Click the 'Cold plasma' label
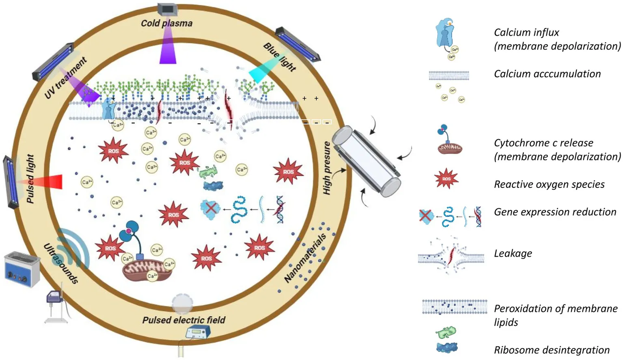tap(166, 23)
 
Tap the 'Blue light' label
tap(280, 57)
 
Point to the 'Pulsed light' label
tap(30, 178)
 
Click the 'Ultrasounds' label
tap(61, 263)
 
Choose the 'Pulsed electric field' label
tap(183, 320)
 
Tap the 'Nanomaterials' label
tap(305, 258)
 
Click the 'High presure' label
tap(327, 168)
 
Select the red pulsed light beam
tap(51, 181)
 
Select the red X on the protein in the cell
tap(210, 208)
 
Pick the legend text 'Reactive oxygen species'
tap(549, 184)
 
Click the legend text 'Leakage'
tap(513, 253)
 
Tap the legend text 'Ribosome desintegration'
tap(552, 350)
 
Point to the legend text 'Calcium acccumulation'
tap(547, 74)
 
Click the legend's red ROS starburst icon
tap(446, 179)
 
